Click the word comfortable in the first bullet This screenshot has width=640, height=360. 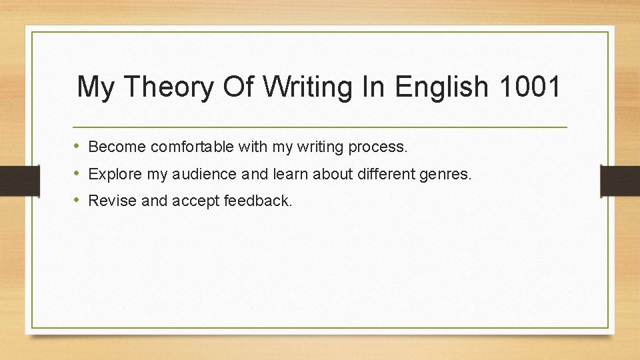pos(191,146)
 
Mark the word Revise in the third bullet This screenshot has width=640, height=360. pos(111,201)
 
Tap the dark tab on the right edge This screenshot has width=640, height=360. pos(620,180)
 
